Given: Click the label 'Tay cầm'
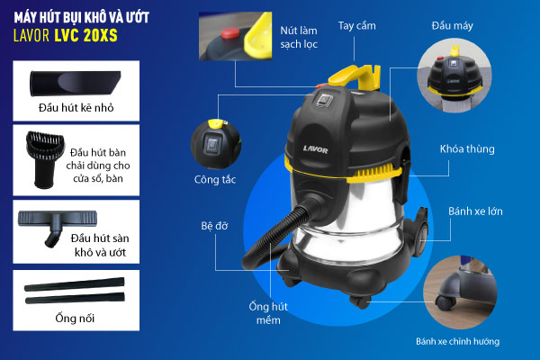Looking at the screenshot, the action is [x=356, y=26].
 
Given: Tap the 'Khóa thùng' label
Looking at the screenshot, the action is [x=467, y=148].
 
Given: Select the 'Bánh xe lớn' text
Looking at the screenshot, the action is [x=475, y=211].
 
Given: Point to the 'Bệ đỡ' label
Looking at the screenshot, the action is [x=214, y=226].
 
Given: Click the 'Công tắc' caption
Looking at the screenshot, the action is [x=215, y=179].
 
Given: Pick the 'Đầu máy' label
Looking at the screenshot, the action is [x=452, y=26].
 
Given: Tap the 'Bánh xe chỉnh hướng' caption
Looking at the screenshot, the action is [x=457, y=341].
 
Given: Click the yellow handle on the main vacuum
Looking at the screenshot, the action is [x=355, y=76].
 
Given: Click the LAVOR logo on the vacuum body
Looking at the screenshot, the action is [x=316, y=149].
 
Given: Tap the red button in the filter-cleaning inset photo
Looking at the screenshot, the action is [x=230, y=33].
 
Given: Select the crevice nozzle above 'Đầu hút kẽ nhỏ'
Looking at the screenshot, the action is [x=76, y=83].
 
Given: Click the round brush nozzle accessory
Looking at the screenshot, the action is [x=45, y=159].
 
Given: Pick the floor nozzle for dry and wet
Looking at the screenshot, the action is [x=58, y=228].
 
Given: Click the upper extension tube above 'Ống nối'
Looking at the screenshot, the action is [x=74, y=284].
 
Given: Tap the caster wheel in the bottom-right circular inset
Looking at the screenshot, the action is [x=445, y=302].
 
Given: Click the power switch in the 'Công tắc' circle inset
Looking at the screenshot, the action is [x=211, y=145].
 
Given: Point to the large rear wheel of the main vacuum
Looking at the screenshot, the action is [x=420, y=237].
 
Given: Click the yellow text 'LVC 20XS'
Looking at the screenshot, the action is [x=86, y=36].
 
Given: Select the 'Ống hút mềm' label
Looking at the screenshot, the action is [x=268, y=313].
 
